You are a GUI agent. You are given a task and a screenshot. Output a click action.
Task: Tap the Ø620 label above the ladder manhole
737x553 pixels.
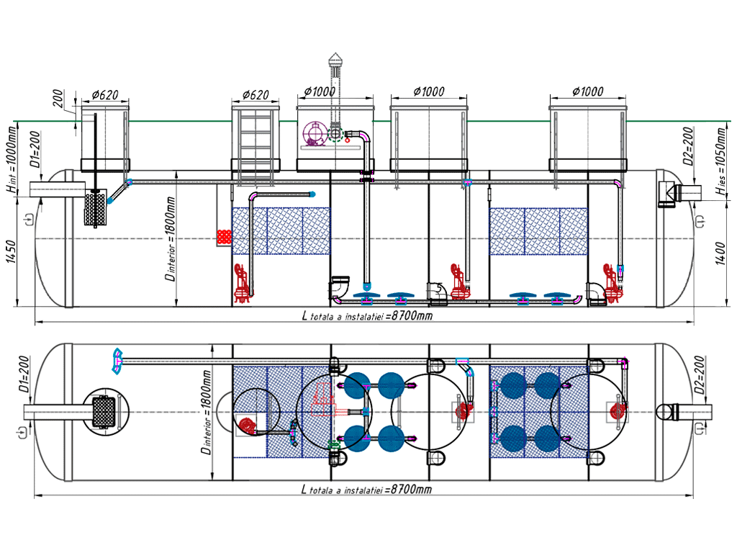254,94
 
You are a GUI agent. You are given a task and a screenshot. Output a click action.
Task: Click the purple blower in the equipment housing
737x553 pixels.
314,133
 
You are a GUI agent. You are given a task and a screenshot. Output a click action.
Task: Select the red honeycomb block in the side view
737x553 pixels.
225,236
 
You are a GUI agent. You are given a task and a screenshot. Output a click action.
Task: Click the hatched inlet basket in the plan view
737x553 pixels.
105,412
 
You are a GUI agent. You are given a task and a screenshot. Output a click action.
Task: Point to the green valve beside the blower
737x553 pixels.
335,133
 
